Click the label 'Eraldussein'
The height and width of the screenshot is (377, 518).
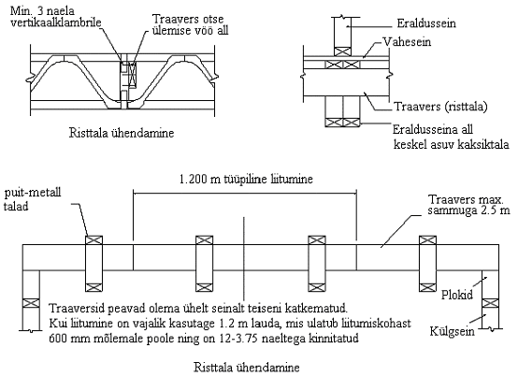click(426, 23)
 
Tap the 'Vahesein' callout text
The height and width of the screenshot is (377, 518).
click(407, 42)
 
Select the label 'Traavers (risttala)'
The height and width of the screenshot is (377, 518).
click(440, 107)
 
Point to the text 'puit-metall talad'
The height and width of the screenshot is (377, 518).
click(32, 199)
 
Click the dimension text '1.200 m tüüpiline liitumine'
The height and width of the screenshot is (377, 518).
click(246, 179)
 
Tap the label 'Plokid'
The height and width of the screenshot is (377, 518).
click(457, 295)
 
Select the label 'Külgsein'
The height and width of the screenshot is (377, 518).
click(452, 331)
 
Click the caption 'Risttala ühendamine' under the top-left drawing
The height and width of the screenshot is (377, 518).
click(122, 133)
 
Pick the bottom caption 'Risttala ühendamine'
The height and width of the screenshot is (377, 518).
click(247, 367)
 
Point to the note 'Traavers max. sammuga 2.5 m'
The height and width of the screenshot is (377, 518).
click(468, 205)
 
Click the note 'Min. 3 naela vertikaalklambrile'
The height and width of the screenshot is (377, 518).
click(55, 17)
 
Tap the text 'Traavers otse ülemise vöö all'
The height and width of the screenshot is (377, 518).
click(190, 24)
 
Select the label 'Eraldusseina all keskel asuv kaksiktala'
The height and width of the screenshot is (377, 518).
click(451, 137)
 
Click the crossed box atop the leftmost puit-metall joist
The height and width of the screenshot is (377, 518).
click(94, 239)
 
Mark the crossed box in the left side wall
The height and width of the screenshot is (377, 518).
click(31, 303)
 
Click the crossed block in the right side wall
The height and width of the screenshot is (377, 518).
click(490, 303)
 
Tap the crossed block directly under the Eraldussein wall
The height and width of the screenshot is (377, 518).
click(342, 51)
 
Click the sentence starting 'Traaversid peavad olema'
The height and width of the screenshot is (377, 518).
click(198, 308)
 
